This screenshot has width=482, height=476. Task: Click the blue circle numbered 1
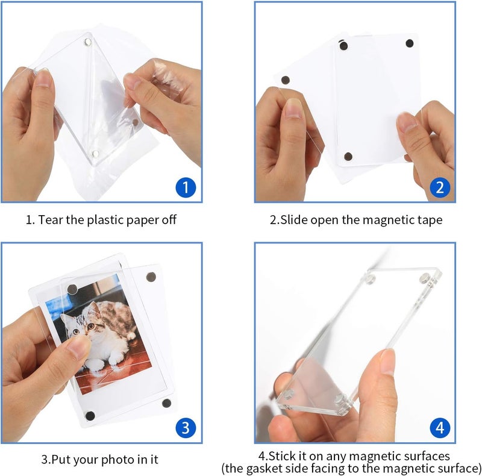click(186, 187)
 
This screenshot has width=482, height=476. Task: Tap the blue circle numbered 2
click(440, 187)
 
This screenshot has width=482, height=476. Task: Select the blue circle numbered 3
click(186, 428)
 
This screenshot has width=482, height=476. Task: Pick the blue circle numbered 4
click(440, 428)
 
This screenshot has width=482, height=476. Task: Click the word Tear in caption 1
click(51, 220)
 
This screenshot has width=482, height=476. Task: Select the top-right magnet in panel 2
click(410, 43)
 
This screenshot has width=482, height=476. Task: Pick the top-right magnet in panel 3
click(149, 278)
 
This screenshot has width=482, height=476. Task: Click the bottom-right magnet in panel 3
click(166, 403)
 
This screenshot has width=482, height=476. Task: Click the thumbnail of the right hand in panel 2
click(408, 123)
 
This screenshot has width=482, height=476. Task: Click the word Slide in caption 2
click(296, 220)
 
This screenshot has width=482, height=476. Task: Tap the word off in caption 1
click(169, 220)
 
